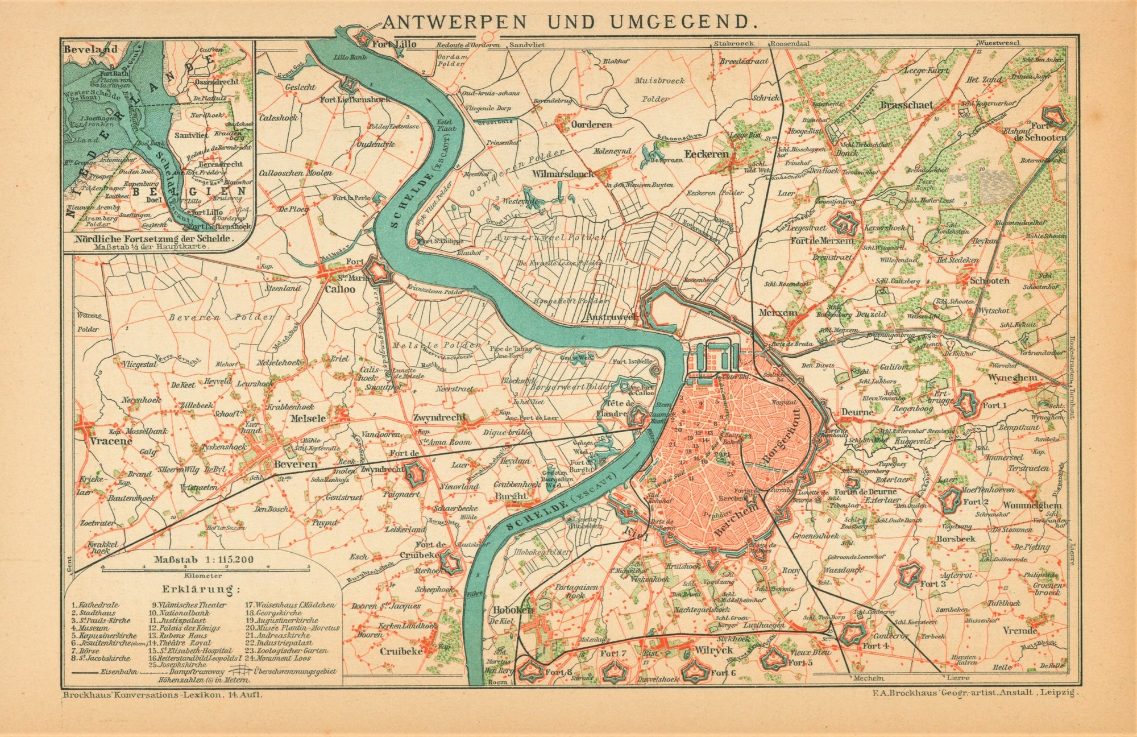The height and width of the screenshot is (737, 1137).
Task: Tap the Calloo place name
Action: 340,289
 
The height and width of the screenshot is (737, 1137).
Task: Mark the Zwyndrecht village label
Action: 440,416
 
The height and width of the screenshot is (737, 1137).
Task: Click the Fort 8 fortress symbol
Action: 533,672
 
